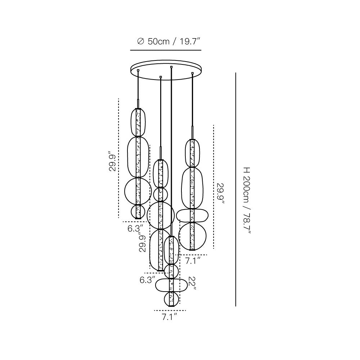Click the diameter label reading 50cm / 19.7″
click(x=174, y=41)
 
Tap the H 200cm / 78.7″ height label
click(x=247, y=201)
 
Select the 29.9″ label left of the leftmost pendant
click(x=113, y=161)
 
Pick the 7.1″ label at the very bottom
click(x=170, y=317)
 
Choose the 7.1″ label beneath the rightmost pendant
click(x=193, y=261)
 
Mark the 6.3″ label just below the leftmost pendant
click(x=135, y=229)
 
